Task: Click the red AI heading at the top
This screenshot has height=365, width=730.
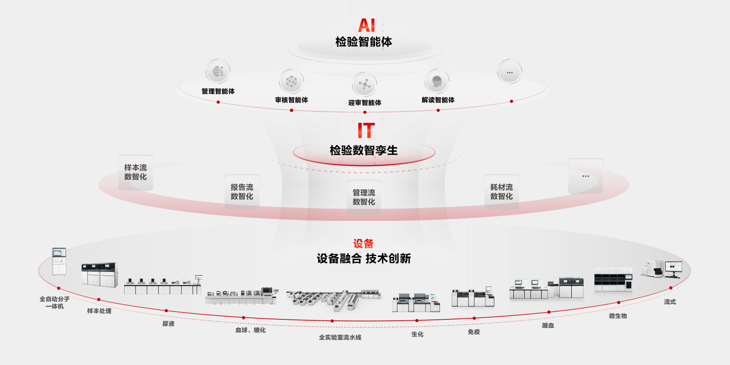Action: click(367, 26)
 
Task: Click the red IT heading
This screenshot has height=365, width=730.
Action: click(366, 130)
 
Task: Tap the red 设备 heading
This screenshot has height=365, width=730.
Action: click(363, 244)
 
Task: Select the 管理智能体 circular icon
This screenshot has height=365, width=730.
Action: click(218, 71)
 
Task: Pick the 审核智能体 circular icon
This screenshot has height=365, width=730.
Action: click(292, 81)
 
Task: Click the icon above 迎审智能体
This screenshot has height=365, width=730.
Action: click(365, 84)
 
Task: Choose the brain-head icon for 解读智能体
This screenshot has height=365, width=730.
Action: click(437, 81)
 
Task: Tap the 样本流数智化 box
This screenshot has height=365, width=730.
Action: click(136, 172)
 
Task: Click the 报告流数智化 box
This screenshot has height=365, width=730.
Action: click(242, 192)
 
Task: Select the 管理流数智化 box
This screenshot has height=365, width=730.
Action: click(364, 198)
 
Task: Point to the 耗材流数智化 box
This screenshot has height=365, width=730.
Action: click(501, 192)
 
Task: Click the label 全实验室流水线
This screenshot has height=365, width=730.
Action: click(340, 337)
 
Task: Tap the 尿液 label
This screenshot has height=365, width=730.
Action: click(168, 323)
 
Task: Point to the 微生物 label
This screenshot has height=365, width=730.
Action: click(618, 316)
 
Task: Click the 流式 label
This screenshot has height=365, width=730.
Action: click(670, 302)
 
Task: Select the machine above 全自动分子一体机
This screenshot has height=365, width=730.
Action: click(59, 261)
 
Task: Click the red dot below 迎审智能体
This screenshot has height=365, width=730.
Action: click(365, 112)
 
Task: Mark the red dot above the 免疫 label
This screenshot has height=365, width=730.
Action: click(474, 318)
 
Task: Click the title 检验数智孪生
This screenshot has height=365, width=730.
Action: click(364, 151)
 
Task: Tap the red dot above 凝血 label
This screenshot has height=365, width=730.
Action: click(549, 312)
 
